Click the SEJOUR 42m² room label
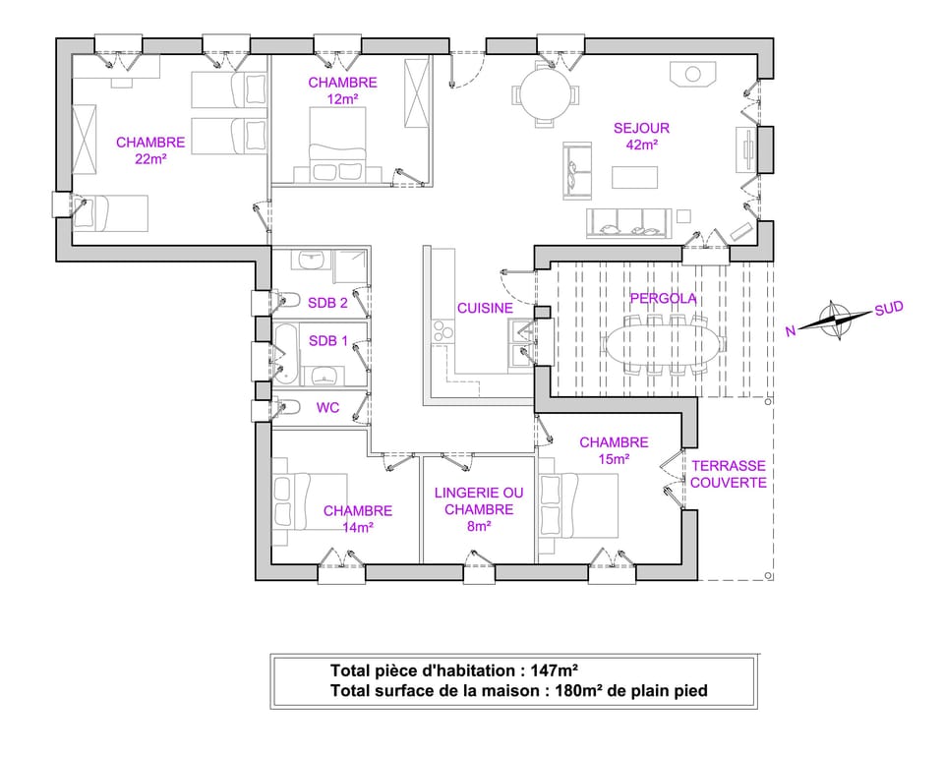[641, 136]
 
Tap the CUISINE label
[485, 308]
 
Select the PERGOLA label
[663, 298]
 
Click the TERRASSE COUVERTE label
[728, 474]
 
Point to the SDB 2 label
[327, 303]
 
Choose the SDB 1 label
[327, 341]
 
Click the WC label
[327, 407]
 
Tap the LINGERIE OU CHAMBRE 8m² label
[478, 509]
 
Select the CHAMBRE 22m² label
[149, 150]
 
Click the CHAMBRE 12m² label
[342, 90]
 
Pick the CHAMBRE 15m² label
[614, 450]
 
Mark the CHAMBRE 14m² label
[357, 519]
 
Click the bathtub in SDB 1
[286, 353]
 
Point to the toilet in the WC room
[288, 406]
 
